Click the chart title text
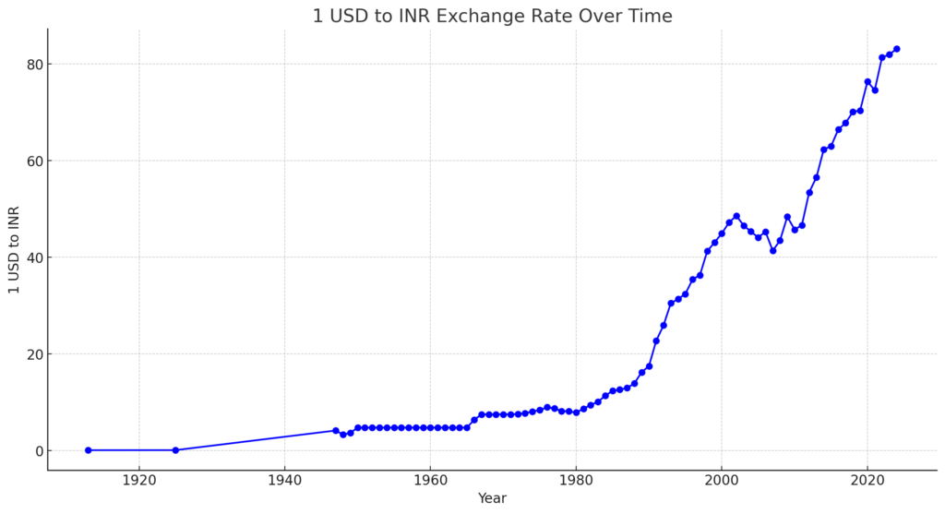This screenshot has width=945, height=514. (492, 16)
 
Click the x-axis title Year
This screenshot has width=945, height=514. (492, 498)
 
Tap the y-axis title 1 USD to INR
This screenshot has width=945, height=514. (14, 250)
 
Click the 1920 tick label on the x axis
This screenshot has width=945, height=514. (138, 481)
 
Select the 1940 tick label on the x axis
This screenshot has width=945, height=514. (284, 481)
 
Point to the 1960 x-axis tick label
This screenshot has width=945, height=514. (430, 481)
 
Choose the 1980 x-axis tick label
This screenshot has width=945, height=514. (576, 481)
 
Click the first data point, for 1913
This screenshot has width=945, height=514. (89, 450)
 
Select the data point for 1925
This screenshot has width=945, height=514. (175, 450)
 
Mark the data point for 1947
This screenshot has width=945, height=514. (336, 430)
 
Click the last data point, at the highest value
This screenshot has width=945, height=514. (896, 49)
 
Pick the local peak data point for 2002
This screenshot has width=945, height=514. (736, 216)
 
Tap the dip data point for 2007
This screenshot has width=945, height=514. (772, 250)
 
